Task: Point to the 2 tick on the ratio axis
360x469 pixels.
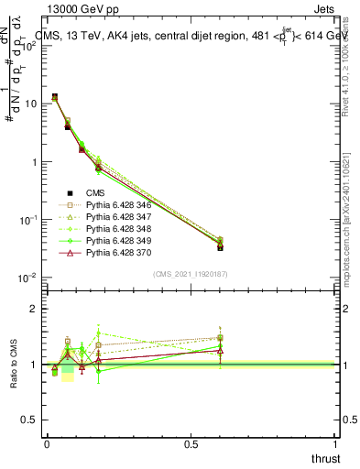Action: [33, 309]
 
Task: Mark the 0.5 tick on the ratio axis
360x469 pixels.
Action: [29, 420]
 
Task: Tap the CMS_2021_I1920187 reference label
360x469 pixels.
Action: [191, 273]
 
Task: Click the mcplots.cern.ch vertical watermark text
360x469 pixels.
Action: [353, 220]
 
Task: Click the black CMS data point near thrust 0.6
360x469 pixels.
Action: [220, 247]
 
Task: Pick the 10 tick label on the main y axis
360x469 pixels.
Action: [31, 104]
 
